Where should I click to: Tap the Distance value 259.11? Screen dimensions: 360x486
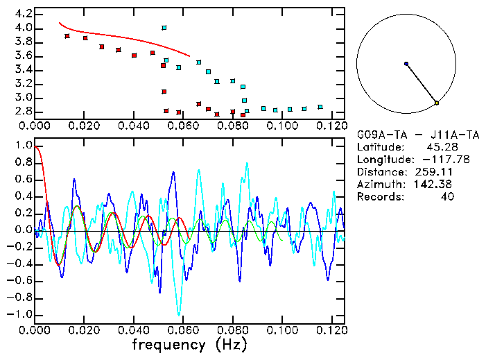(x=435, y=172)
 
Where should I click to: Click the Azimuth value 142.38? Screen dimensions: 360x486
(x=434, y=185)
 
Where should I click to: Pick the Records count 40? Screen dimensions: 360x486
(x=446, y=197)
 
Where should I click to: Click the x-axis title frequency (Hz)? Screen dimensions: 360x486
(x=189, y=344)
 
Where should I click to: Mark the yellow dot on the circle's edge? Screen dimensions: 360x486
(x=437, y=103)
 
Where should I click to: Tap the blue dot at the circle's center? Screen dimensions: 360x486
(x=406, y=64)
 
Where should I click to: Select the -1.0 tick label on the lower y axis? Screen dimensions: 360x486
(x=19, y=314)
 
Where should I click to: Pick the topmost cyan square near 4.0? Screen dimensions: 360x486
(x=164, y=28)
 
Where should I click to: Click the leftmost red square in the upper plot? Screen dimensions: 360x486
(x=67, y=36)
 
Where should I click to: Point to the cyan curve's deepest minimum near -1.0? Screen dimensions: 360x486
(x=179, y=314)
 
